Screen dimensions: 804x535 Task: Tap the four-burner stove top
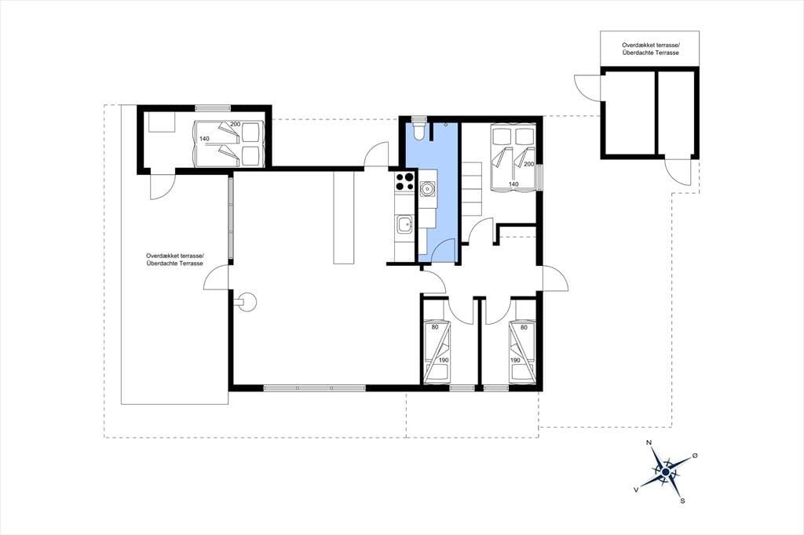(x=404, y=181)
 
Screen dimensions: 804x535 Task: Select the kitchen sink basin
(x=404, y=224)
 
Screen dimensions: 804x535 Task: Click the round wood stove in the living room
(x=247, y=302)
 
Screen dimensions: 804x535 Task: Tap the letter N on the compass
(x=649, y=442)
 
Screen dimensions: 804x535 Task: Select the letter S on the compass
(x=682, y=501)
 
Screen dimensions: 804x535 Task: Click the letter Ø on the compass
(x=695, y=455)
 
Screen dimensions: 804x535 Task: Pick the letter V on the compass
(x=636, y=490)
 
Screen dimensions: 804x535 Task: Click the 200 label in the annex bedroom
(x=236, y=124)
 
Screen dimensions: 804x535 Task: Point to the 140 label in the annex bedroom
(x=205, y=139)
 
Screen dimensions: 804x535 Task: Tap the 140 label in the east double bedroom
(x=513, y=184)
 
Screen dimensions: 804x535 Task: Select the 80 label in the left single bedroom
(x=435, y=327)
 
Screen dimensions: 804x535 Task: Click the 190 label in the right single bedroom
(x=515, y=360)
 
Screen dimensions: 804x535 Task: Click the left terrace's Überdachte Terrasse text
(x=175, y=264)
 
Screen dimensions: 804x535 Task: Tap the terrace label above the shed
(x=650, y=49)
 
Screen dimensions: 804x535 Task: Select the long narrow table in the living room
(x=344, y=218)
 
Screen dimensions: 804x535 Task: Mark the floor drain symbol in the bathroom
(x=446, y=125)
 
